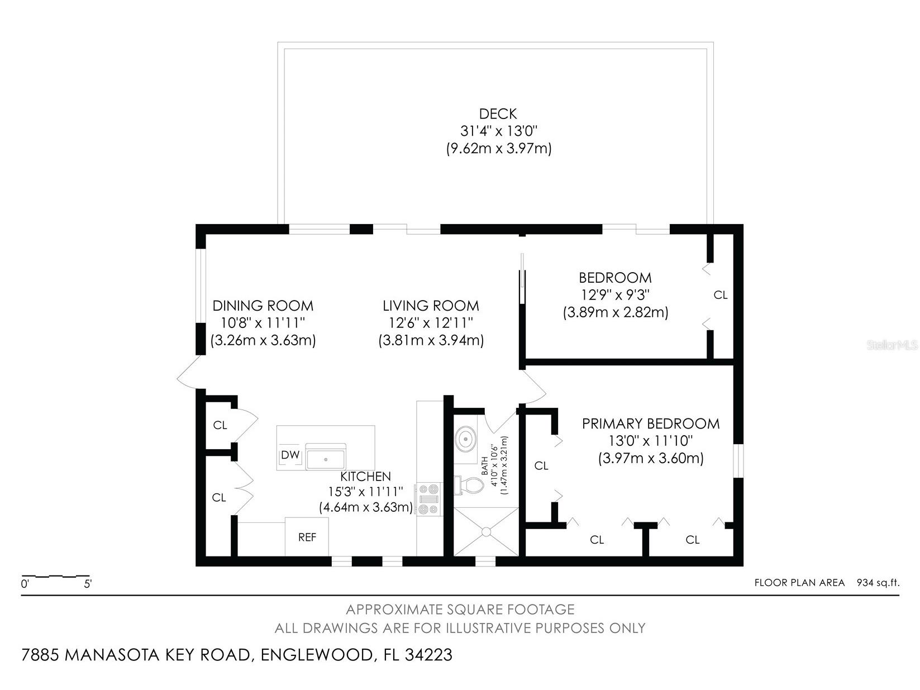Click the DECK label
(x=498, y=114)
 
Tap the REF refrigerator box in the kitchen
(x=307, y=537)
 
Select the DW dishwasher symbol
(x=290, y=455)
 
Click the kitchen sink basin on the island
(x=326, y=459)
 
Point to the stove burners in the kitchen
(x=428, y=499)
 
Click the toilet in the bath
(x=469, y=485)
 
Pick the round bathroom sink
(x=465, y=440)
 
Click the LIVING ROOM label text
(x=431, y=306)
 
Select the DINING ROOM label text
(x=263, y=306)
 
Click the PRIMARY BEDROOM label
(x=651, y=423)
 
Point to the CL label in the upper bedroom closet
(x=721, y=295)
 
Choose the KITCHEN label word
(x=366, y=477)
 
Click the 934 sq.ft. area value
(x=878, y=583)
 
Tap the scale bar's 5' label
(x=88, y=584)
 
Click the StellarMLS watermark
(x=892, y=345)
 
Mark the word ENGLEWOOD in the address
(x=315, y=655)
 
